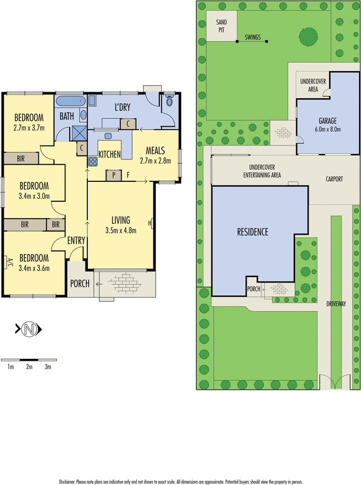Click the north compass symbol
click(28, 330)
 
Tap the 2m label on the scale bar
click(28, 367)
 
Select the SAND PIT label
click(221, 25)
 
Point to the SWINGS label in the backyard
click(253, 38)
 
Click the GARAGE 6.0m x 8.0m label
click(328, 124)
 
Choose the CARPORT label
click(334, 179)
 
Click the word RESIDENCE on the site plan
click(252, 232)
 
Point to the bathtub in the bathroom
click(71, 101)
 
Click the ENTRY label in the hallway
click(76, 241)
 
